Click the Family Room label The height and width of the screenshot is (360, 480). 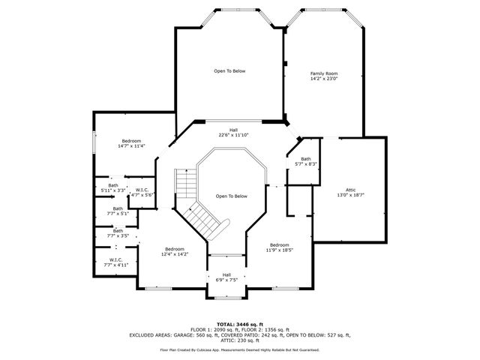click(325, 73)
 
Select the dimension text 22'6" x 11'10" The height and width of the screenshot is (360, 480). click(233, 135)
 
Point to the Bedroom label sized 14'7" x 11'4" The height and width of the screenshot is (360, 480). click(131, 141)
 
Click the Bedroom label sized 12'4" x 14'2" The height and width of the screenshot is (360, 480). click(175, 249)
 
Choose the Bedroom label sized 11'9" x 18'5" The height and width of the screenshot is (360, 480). click(280, 244)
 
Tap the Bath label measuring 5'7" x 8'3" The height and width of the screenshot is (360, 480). click(306, 159)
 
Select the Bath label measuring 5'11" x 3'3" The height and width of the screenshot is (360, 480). click(113, 185)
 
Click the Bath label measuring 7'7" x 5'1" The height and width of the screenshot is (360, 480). click(118, 209)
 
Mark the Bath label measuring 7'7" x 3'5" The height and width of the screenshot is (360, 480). click(118, 231)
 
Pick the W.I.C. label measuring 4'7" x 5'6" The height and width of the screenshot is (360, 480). click(142, 190)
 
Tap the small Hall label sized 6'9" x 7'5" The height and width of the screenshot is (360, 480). click(226, 274)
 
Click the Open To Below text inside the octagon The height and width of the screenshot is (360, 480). click(231, 196)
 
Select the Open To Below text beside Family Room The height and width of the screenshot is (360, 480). click(229, 71)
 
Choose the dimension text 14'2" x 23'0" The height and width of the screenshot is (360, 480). click(325, 79)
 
